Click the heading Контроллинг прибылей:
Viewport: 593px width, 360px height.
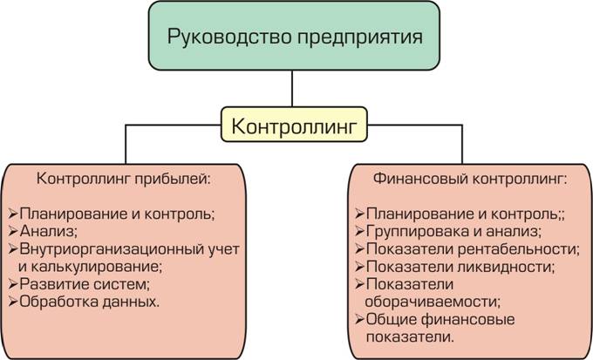tap(124, 178)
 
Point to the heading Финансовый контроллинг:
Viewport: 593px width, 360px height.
tap(470, 178)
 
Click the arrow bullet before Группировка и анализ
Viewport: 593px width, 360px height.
tap(359, 231)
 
